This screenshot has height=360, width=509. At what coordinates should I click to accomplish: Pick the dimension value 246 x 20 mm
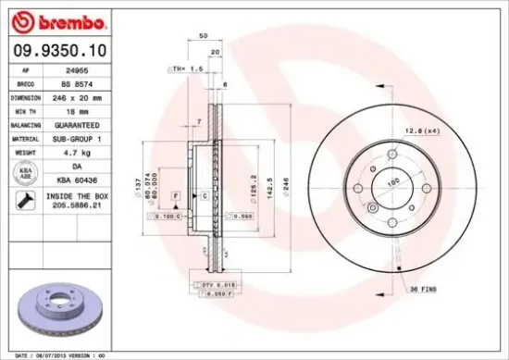click(76, 95)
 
